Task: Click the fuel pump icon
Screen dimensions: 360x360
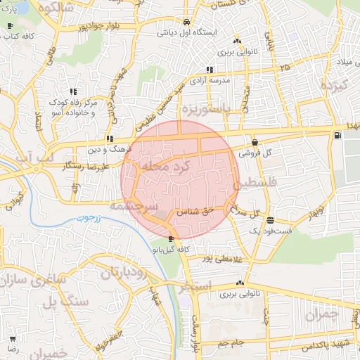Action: [339, 135]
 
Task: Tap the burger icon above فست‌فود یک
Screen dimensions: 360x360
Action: [271, 219]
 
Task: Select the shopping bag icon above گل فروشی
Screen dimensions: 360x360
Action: [253, 143]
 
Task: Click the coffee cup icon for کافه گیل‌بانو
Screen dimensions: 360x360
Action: [172, 239]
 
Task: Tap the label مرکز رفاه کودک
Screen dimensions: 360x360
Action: [72, 103]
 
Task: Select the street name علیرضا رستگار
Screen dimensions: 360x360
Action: [64, 165]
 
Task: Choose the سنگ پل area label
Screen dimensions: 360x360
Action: [58, 303]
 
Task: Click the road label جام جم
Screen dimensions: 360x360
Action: [229, 342]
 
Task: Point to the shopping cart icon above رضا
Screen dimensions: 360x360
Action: [12, 338]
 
